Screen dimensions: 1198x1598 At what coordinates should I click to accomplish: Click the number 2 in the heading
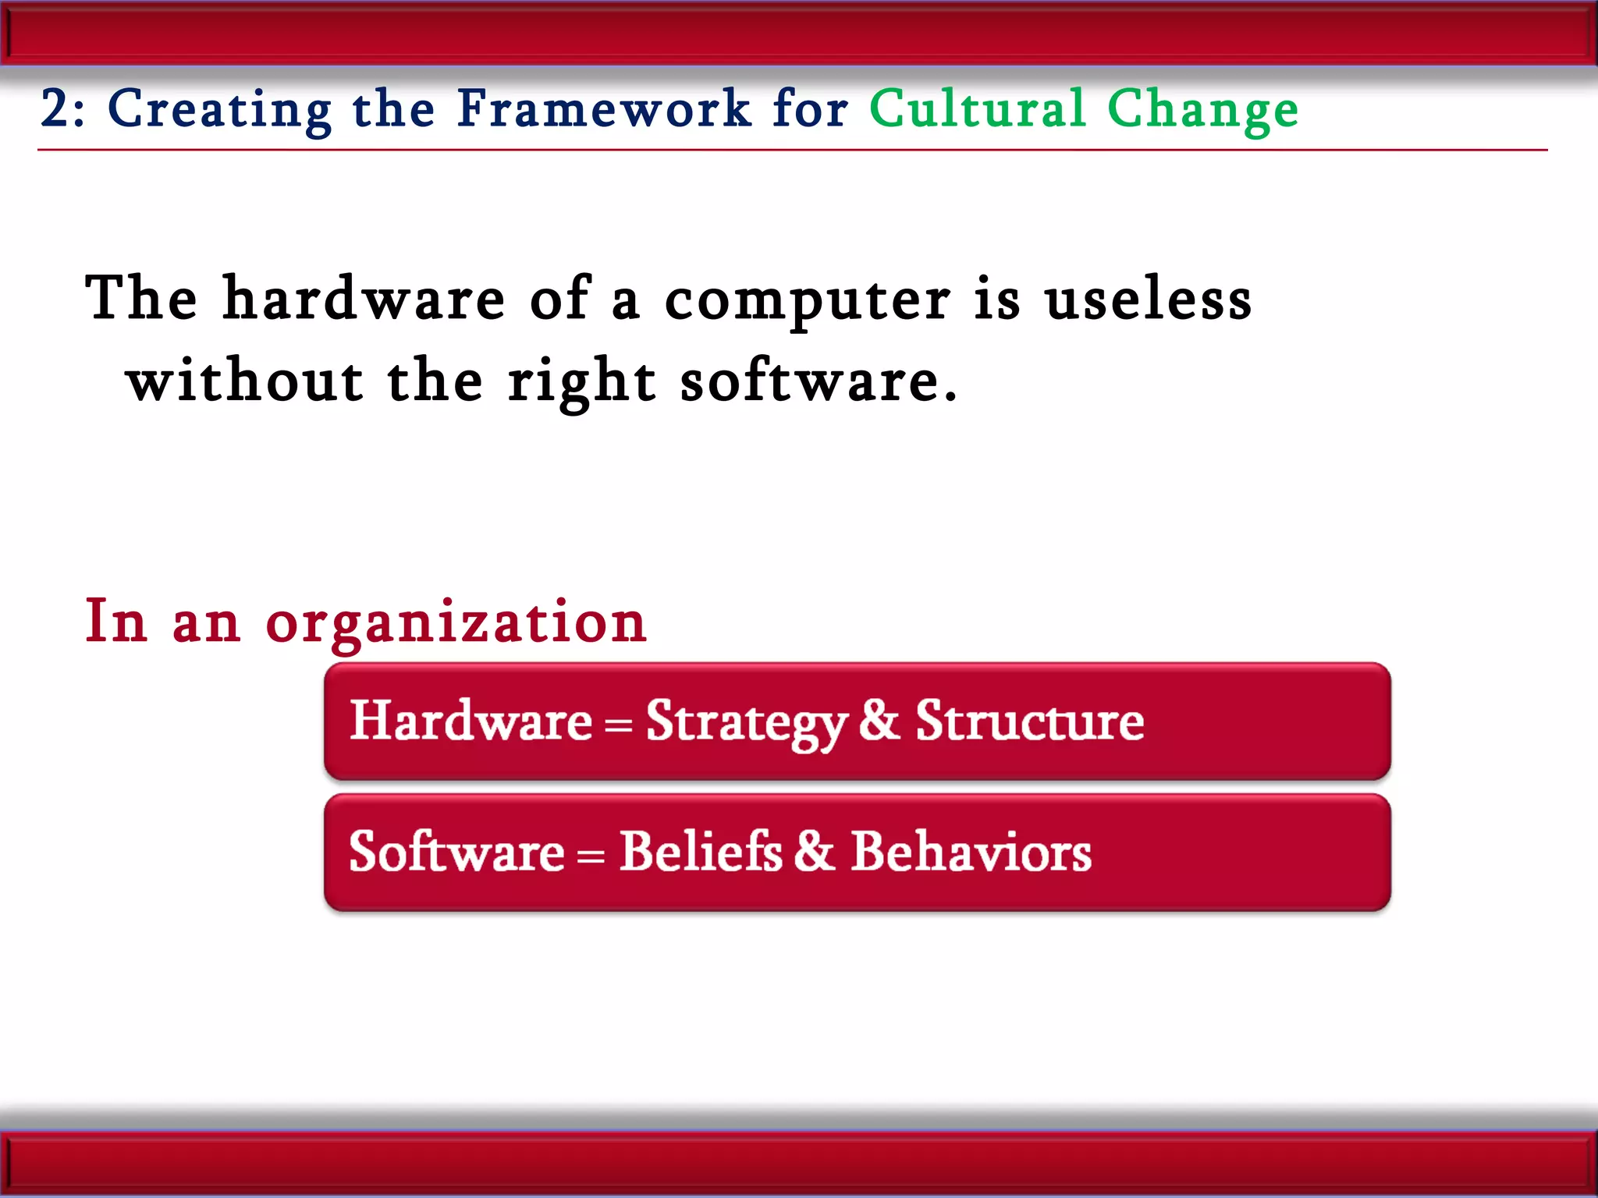tap(55, 108)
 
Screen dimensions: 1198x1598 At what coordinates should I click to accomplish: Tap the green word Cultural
tap(977, 108)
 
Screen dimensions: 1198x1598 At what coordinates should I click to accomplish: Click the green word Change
tap(1202, 110)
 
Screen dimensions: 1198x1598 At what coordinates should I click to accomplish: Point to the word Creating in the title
tap(219, 110)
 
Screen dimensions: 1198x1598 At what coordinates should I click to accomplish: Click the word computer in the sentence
tap(807, 301)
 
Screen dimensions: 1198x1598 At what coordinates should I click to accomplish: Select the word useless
tap(1148, 301)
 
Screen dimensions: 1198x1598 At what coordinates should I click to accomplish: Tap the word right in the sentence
tap(581, 383)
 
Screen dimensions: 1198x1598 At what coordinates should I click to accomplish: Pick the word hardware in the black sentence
tap(364, 299)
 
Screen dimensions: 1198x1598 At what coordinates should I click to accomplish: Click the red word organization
tap(456, 623)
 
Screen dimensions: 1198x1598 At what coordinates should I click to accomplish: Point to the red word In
tap(115, 622)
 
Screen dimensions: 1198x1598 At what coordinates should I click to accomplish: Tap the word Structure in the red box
tap(1029, 721)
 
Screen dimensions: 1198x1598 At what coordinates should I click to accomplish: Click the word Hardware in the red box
tap(471, 721)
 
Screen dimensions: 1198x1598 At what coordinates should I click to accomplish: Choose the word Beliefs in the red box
tap(700, 851)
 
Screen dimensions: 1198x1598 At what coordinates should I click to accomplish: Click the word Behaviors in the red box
tap(971, 851)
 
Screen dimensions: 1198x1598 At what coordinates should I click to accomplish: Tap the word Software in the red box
tap(456, 851)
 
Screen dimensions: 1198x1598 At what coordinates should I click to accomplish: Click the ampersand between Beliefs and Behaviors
tap(815, 851)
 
